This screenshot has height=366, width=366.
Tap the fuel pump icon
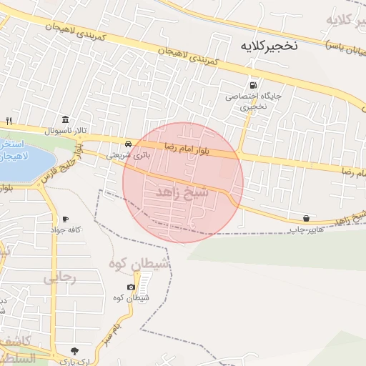(251, 82)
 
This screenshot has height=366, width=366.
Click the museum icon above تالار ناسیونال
(66, 119)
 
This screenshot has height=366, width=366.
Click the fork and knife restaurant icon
(9, 120)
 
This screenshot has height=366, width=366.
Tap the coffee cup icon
(66, 219)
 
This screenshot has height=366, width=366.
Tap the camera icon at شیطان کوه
(131, 287)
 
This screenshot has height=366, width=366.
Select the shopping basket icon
(307, 218)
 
